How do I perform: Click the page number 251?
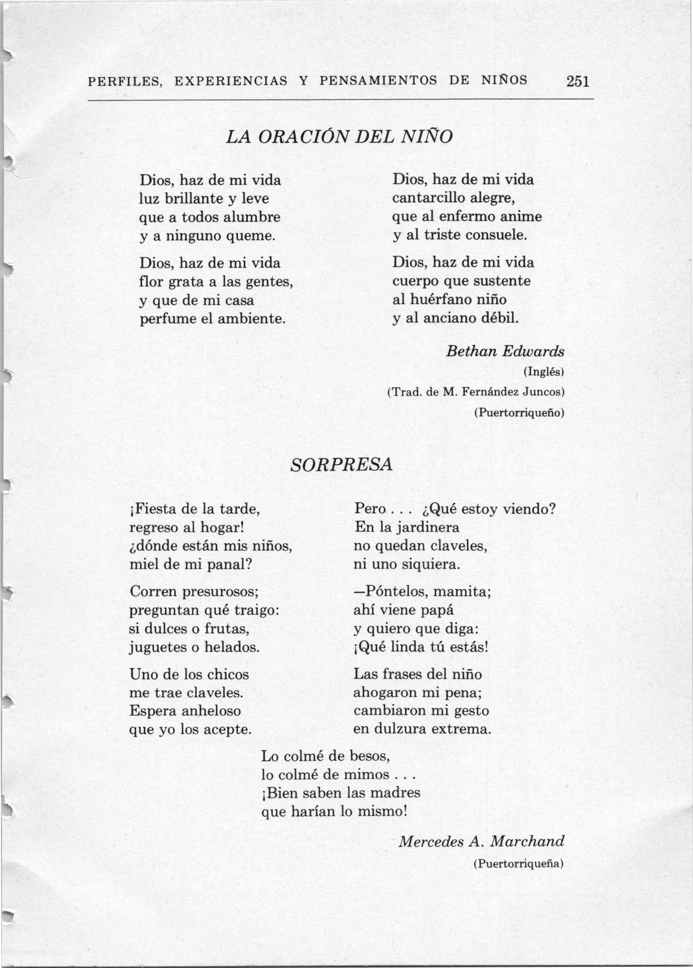click(x=578, y=81)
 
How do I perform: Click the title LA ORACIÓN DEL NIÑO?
click(x=338, y=136)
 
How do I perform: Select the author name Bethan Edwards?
click(x=505, y=351)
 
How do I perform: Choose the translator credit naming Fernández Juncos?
click(x=476, y=392)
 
